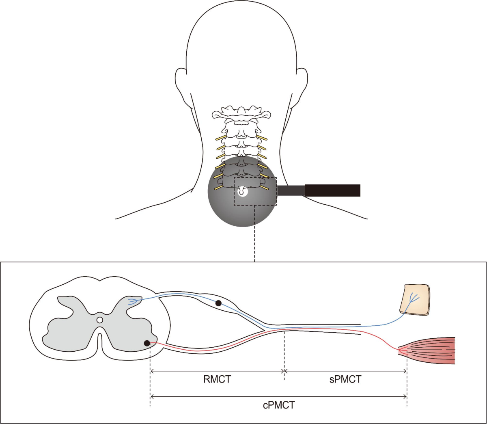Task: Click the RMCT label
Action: pyautogui.click(x=217, y=379)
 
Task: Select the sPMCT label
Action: pyautogui.click(x=345, y=379)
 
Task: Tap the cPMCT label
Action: pyautogui.click(x=279, y=405)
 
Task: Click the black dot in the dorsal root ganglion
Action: pyautogui.click(x=218, y=303)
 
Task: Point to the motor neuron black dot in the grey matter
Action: pyautogui.click(x=147, y=343)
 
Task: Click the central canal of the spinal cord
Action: pyautogui.click(x=100, y=320)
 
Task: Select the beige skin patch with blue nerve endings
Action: pyautogui.click(x=414, y=300)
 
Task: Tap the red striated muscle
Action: pyautogui.click(x=430, y=350)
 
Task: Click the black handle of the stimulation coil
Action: pyautogui.click(x=332, y=190)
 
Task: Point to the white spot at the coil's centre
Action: pyautogui.click(x=242, y=192)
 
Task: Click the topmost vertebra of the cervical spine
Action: pyautogui.click(x=242, y=112)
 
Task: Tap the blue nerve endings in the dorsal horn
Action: pyautogui.click(x=133, y=301)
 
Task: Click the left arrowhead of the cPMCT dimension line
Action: pyautogui.click(x=152, y=396)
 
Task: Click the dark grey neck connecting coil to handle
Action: pyautogui.click(x=291, y=190)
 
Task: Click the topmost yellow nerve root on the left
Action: pyautogui.click(x=220, y=138)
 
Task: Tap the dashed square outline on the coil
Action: pyautogui.click(x=255, y=177)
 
